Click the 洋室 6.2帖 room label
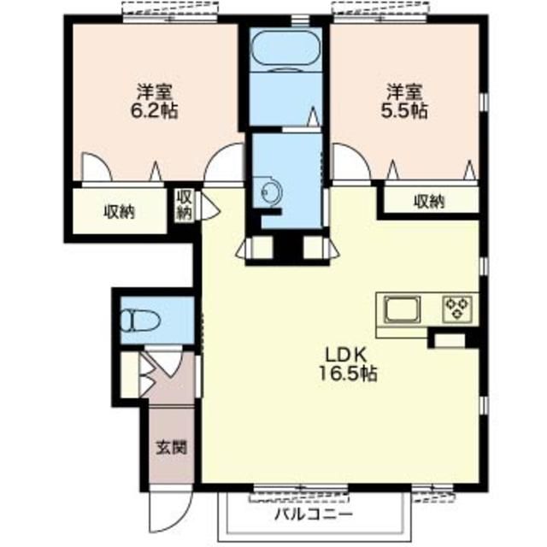click(x=154, y=102)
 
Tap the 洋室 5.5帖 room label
click(x=404, y=102)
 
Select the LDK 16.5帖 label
click(x=348, y=365)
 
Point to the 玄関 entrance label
click(x=171, y=447)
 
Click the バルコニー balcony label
click(x=314, y=514)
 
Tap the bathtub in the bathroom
click(x=285, y=50)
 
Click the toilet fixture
click(x=140, y=321)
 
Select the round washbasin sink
click(x=268, y=191)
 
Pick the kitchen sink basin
click(x=403, y=309)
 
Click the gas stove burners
click(x=457, y=309)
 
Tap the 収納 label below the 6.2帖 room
click(x=120, y=212)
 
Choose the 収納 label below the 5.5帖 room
click(x=429, y=202)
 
